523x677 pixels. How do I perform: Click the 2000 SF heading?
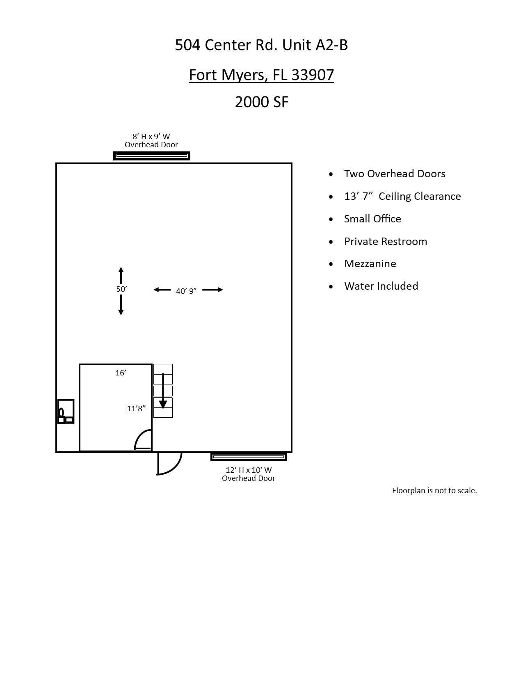coord(262,102)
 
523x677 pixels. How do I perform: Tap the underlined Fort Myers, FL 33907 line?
coord(261,75)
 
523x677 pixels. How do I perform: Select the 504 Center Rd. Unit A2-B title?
coord(261,45)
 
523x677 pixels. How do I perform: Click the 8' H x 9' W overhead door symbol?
coord(152,156)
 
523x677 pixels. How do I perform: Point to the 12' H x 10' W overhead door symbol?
coord(249,457)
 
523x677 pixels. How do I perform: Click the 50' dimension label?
coord(121,289)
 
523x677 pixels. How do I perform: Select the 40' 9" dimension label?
coord(186,291)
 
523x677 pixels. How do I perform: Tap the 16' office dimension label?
coord(121,373)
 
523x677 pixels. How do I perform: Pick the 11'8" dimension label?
coord(136,408)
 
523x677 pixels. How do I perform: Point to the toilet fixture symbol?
coord(62,412)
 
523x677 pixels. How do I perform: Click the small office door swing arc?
coord(143,439)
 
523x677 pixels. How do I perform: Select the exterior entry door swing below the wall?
coord(169,464)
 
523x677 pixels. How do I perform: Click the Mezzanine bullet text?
coord(370,263)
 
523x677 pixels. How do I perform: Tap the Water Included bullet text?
coord(381,286)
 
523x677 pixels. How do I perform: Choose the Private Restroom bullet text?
coord(386,241)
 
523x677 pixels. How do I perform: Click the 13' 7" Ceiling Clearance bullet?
coord(402,196)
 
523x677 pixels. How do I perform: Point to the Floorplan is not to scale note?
coord(434,490)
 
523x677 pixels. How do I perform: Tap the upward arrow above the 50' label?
coord(121,275)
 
